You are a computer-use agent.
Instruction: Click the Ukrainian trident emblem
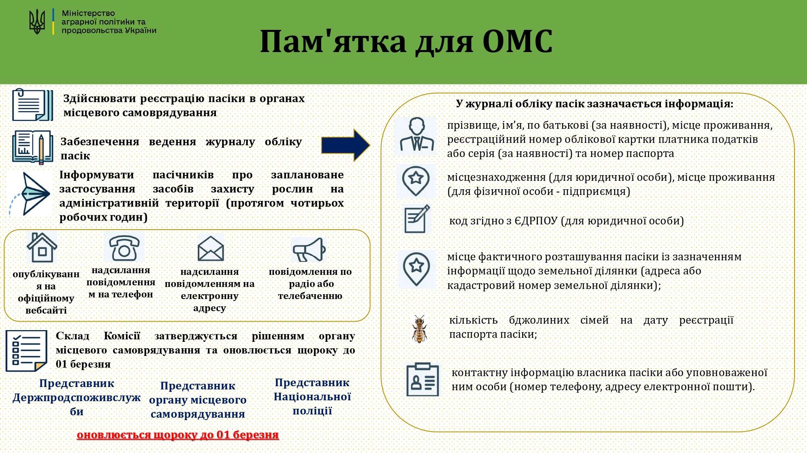37,22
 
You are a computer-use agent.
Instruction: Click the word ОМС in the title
517,41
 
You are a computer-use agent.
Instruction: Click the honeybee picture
419,329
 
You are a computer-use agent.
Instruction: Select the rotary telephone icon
124,247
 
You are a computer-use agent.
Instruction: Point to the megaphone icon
309,250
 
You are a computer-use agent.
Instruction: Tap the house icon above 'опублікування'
42,247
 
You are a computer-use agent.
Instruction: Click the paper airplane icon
31,194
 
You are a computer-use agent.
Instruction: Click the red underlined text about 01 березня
178,435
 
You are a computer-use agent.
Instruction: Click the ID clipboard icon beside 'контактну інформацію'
422,379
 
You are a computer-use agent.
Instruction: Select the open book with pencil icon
32,147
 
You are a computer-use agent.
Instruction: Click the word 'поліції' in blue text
312,411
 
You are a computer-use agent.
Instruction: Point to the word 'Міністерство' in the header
88,13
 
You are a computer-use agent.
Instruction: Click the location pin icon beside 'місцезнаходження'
416,180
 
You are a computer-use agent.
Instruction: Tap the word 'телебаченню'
310,296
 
